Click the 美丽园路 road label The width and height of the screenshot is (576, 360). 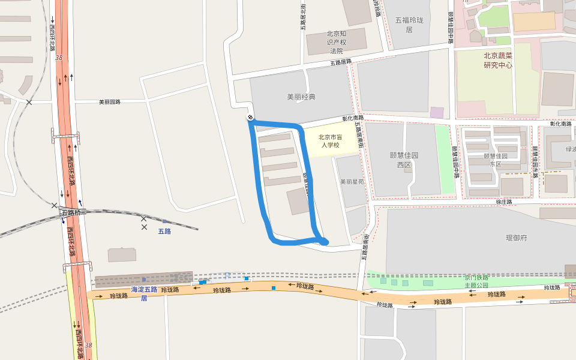(110, 102)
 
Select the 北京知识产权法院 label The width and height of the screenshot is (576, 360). (337, 42)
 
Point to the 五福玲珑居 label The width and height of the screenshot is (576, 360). (409, 25)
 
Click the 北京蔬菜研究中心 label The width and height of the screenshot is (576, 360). (498, 60)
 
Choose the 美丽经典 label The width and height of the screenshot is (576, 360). (301, 97)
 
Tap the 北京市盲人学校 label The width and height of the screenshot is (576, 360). (329, 140)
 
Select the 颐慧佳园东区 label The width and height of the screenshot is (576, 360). (496, 160)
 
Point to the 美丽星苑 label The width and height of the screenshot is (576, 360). (352, 181)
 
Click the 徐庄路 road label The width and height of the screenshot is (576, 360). (504, 202)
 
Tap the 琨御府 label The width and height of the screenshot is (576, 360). (516, 238)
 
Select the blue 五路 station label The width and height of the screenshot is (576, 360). (164, 231)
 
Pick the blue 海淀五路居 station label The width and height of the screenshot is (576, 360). (144, 293)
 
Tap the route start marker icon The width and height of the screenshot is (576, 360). (250, 117)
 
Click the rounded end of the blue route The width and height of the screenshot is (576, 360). (324, 241)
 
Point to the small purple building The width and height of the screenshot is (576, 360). (437, 112)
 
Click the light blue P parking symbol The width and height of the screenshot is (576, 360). (227, 275)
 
